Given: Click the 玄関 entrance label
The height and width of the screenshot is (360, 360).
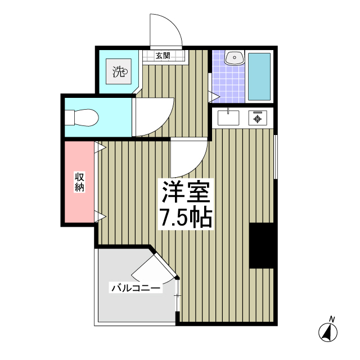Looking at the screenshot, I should pyautogui.click(x=163, y=56).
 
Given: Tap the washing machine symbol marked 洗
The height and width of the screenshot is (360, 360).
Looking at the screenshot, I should pyautogui.click(x=119, y=71).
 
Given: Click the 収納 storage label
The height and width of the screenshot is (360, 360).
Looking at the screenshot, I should pyautogui.click(x=79, y=182).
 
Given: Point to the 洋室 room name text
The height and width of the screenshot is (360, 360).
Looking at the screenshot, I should pyautogui.click(x=186, y=193).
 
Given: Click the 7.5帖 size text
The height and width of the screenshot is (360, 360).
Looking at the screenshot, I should pyautogui.click(x=186, y=218).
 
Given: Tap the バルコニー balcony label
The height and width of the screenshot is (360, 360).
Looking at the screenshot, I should pyautogui.click(x=136, y=289).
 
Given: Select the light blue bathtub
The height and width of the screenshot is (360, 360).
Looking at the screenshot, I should pyautogui.click(x=259, y=76).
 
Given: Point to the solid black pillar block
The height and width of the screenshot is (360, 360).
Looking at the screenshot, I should pyautogui.click(x=262, y=245).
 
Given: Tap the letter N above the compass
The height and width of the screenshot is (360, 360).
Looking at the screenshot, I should pyautogui.click(x=332, y=319).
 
